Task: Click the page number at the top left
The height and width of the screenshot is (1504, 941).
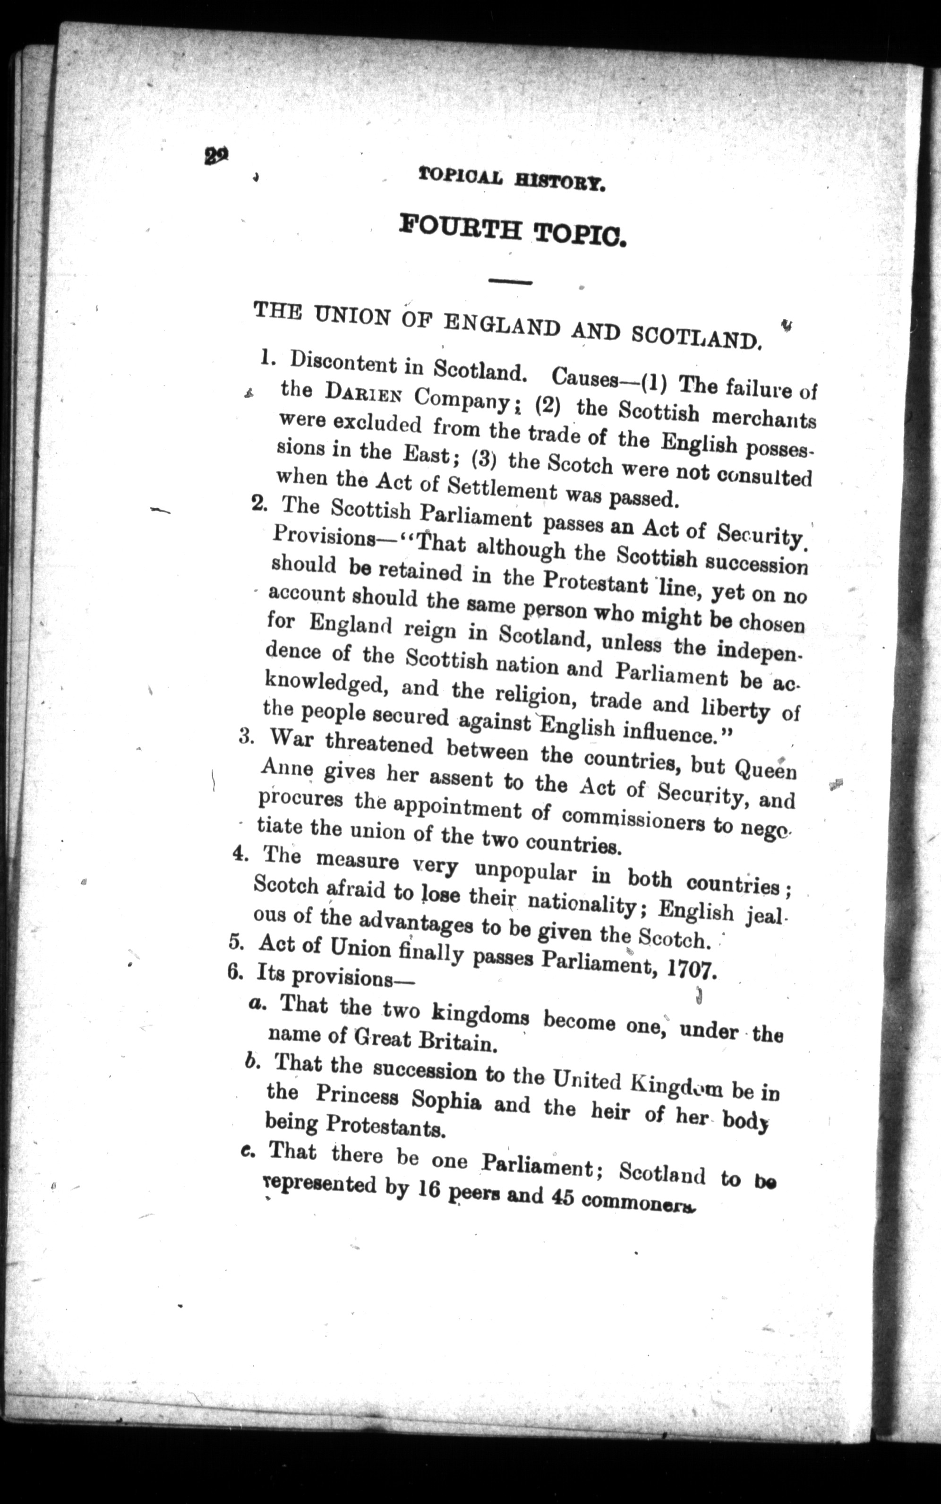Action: (216, 154)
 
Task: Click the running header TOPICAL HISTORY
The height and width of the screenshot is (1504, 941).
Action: (512, 180)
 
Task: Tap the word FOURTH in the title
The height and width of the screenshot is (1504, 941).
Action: (460, 228)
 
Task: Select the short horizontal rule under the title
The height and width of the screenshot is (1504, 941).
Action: (510, 282)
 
